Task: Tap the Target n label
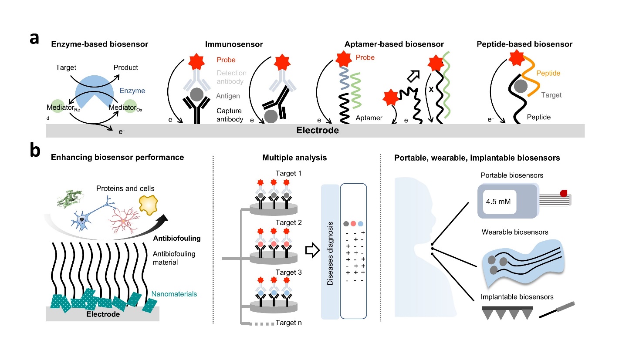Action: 288,323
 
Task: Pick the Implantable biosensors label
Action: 517,297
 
